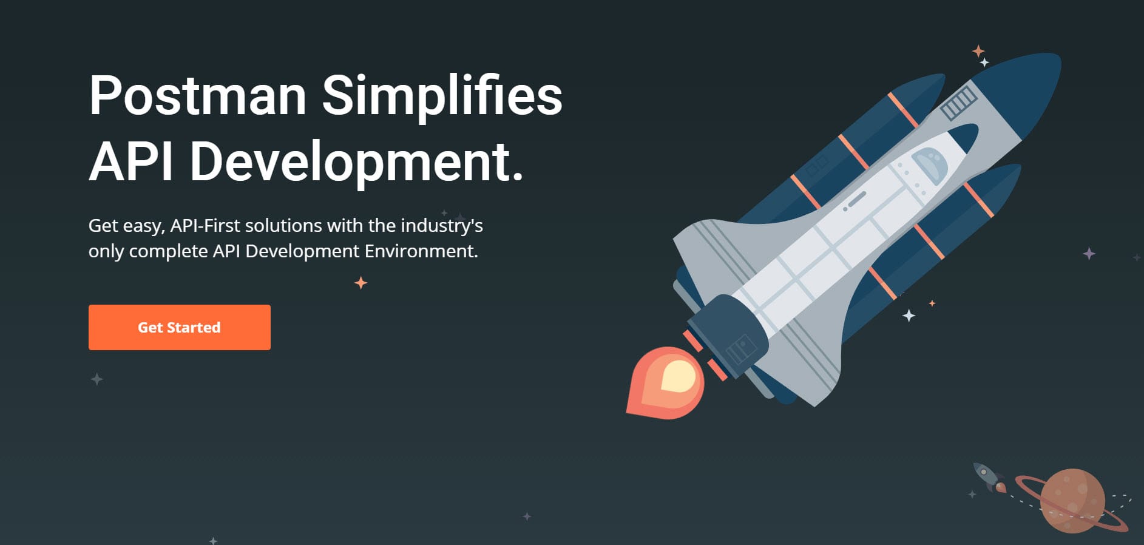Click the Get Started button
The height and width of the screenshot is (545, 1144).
pos(180,327)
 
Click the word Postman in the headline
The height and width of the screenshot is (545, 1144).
pos(198,95)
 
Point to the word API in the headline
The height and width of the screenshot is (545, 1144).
pos(131,161)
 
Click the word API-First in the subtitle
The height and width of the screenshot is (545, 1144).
pos(205,226)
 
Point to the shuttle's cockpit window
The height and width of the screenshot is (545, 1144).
pos(930,163)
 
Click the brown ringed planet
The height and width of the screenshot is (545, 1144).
pos(1073,501)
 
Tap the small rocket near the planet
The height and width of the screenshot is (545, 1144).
pos(988,477)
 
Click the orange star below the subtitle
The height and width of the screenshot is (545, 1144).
pos(361,283)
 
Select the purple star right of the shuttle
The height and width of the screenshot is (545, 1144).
pos(1089,254)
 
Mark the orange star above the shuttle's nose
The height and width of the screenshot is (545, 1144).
pos(978,51)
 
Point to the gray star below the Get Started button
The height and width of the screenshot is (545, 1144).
pos(97,379)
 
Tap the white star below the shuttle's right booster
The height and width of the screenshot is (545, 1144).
pos(909,316)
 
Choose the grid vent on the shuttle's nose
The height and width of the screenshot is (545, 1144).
pos(959,102)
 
